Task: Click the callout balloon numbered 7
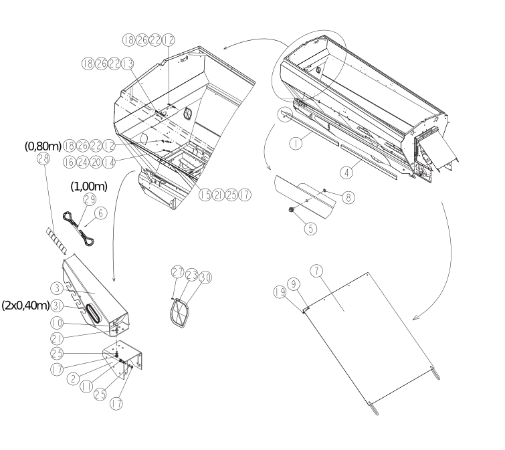pyautogui.click(x=317, y=271)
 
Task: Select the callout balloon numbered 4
pyautogui.click(x=346, y=173)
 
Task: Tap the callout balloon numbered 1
pyautogui.click(x=296, y=143)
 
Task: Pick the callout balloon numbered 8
pyautogui.click(x=348, y=197)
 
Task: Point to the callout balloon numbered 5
pyautogui.click(x=310, y=229)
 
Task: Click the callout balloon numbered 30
pyautogui.click(x=205, y=277)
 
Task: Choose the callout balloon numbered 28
pyautogui.click(x=43, y=158)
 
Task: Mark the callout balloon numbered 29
pyautogui.click(x=90, y=199)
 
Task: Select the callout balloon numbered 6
pyautogui.click(x=101, y=213)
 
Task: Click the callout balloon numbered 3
pyautogui.click(x=57, y=288)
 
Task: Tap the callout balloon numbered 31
pyautogui.click(x=57, y=306)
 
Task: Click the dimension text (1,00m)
pyautogui.click(x=89, y=187)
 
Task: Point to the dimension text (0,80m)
pyautogui.click(x=43, y=146)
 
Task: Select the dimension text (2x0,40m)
pyautogui.click(x=26, y=305)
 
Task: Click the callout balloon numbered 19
pyautogui.click(x=280, y=292)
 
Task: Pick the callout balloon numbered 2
pyautogui.click(x=74, y=378)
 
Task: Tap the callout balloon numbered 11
pyautogui.click(x=86, y=386)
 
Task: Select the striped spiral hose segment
pyautogui.click(x=56, y=240)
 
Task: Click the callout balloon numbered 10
pyautogui.click(x=57, y=323)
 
